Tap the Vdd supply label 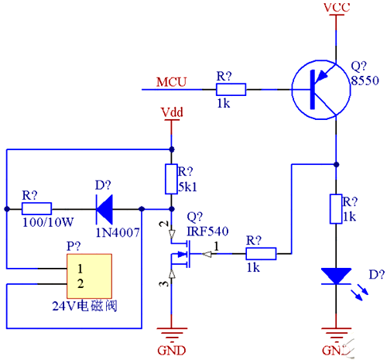click(x=171, y=113)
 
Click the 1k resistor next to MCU click(x=230, y=90)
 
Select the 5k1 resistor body click(x=171, y=179)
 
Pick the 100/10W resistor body click(x=36, y=208)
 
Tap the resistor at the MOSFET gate click(x=260, y=252)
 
